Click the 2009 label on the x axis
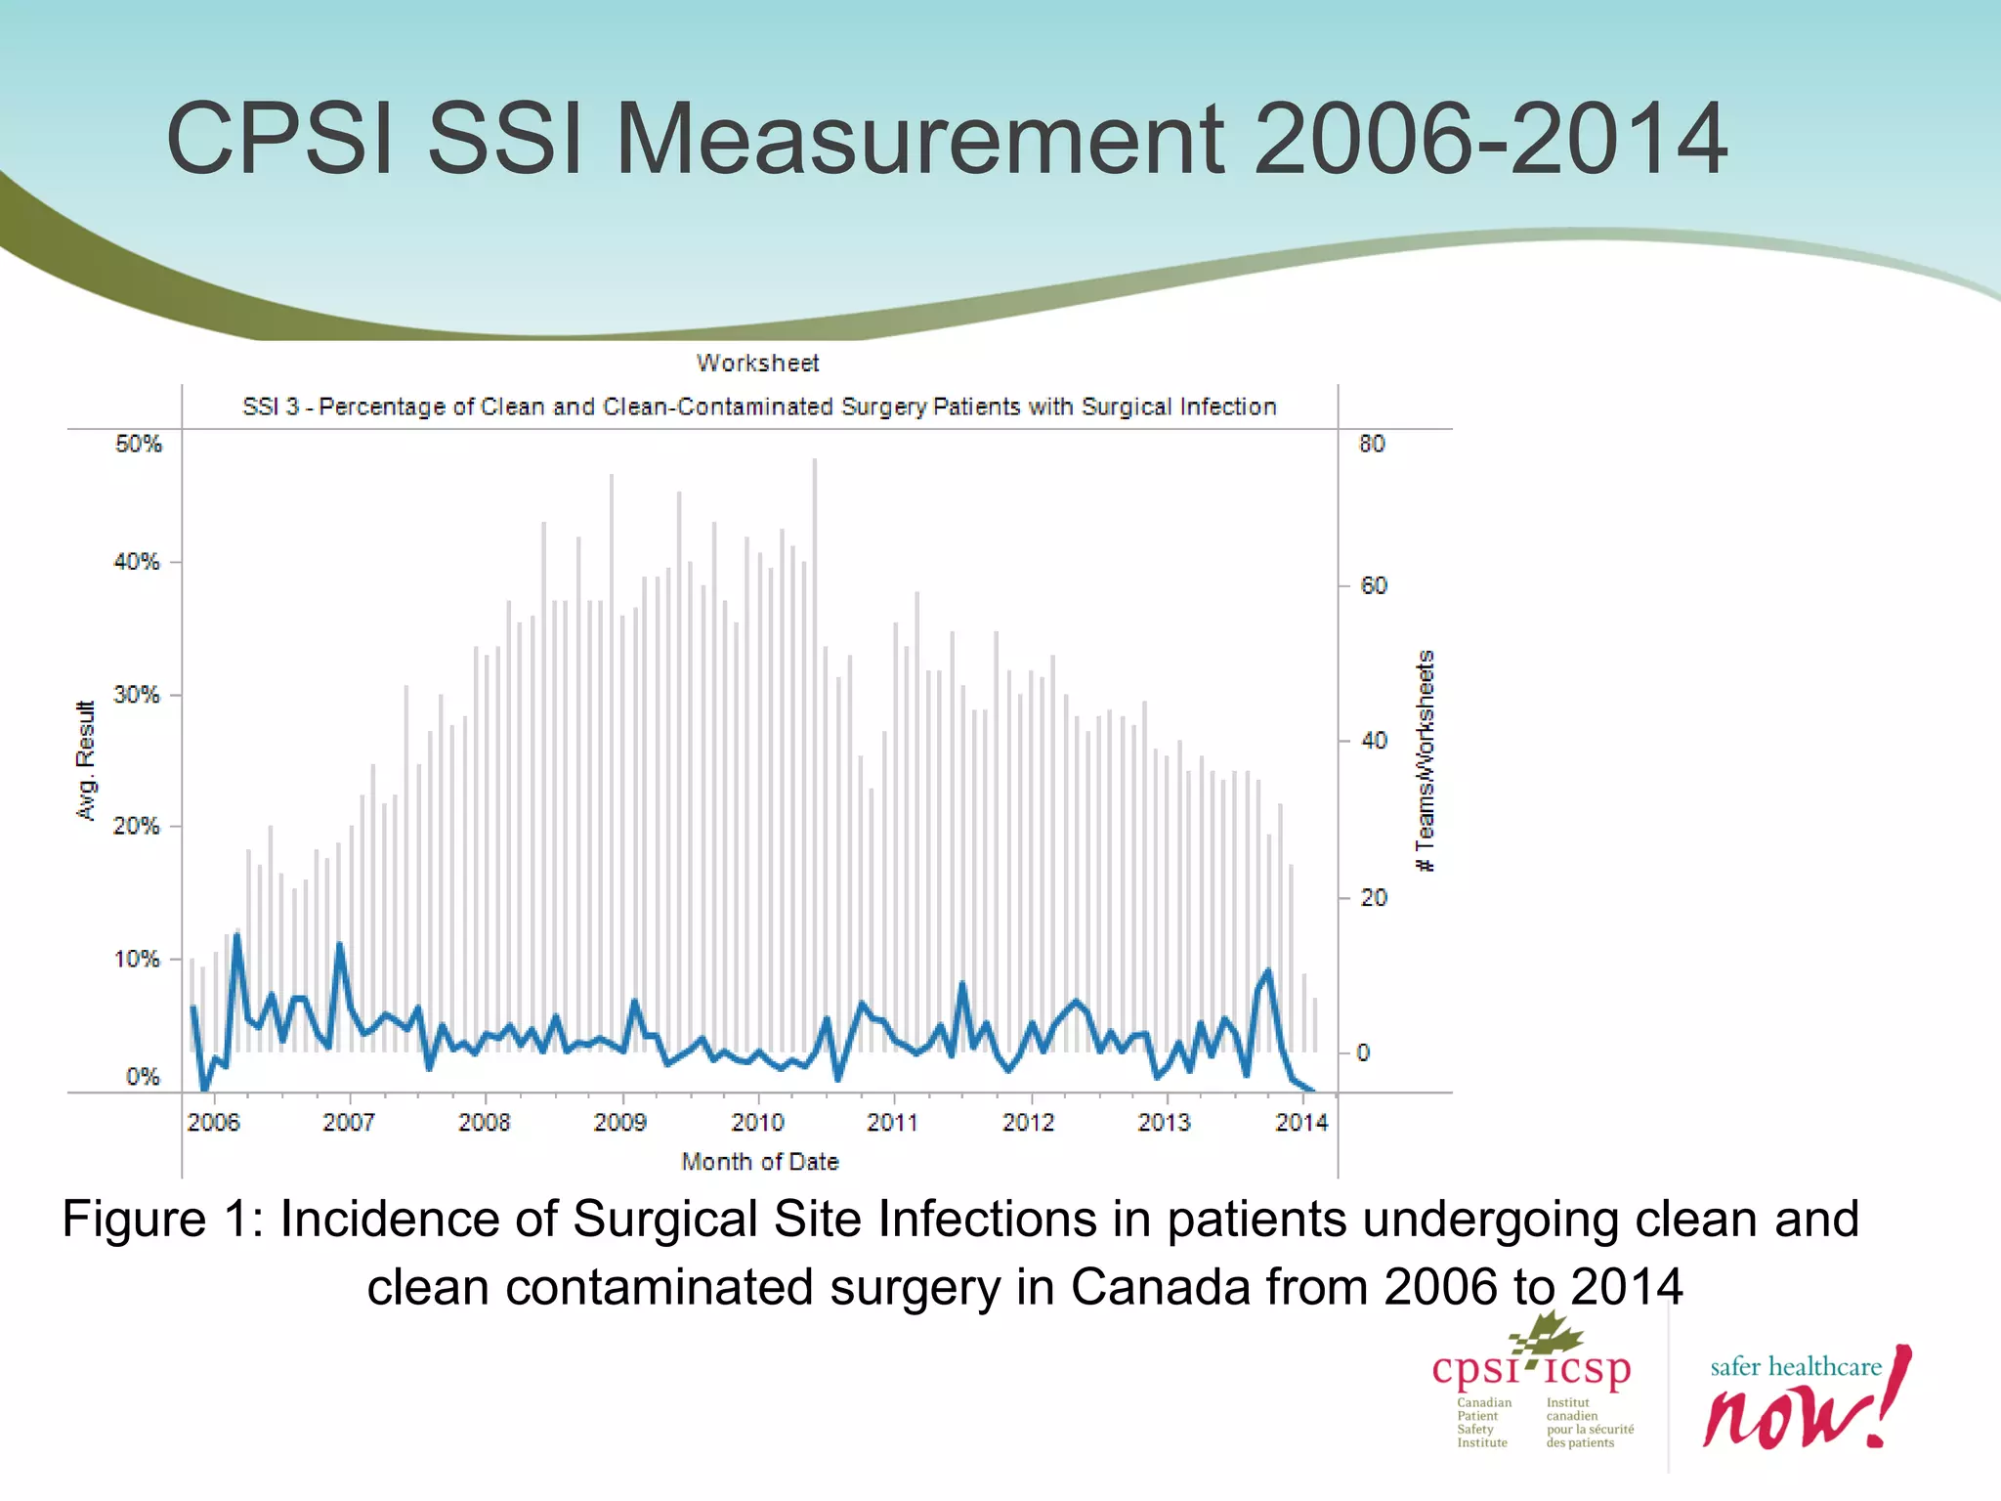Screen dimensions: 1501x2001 [x=619, y=1122]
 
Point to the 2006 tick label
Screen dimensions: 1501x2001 [x=213, y=1122]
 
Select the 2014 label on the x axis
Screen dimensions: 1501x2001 [x=1300, y=1122]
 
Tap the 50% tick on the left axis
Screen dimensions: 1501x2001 [x=138, y=444]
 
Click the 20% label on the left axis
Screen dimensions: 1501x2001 [x=136, y=826]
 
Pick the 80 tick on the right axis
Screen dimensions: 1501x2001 [x=1372, y=444]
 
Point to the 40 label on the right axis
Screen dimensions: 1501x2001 [x=1374, y=741]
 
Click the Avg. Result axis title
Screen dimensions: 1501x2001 [x=86, y=761]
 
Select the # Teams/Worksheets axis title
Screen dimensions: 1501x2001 [x=1426, y=761]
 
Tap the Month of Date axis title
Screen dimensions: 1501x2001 [x=760, y=1162]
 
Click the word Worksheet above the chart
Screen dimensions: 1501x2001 [x=758, y=364]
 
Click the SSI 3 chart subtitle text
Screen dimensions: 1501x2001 [x=759, y=407]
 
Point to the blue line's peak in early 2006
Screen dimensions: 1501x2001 [x=236, y=937]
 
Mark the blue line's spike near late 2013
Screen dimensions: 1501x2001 [x=1268, y=971]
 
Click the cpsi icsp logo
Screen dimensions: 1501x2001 [x=1531, y=1383]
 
